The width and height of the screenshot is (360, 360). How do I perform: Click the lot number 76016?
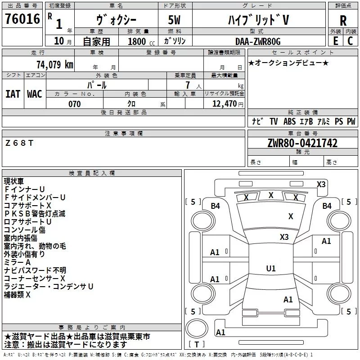22,19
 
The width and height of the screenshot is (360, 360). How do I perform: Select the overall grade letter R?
343,21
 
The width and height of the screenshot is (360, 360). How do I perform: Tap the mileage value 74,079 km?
55,65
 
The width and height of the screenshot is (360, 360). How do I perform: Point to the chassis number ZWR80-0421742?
302,143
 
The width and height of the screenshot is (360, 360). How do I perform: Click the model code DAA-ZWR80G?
258,41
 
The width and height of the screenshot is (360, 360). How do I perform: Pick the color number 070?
75,104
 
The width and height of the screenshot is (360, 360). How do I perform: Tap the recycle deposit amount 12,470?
224,104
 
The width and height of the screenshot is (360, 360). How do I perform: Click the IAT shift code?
13,94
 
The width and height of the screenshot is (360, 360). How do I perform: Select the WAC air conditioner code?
35,94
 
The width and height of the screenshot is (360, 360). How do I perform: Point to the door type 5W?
174,20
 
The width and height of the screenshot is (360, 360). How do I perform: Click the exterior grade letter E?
335,41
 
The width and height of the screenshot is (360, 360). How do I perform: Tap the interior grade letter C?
350,41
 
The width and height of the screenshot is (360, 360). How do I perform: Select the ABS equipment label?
289,121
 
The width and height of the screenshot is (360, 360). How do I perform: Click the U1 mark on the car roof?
271,268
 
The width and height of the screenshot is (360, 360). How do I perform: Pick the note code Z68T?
19,143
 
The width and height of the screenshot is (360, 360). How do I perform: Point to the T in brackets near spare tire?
197,344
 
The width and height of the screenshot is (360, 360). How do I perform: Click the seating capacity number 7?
188,85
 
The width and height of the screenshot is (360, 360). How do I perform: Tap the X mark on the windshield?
291,216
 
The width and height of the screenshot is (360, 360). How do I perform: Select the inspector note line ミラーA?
17,262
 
